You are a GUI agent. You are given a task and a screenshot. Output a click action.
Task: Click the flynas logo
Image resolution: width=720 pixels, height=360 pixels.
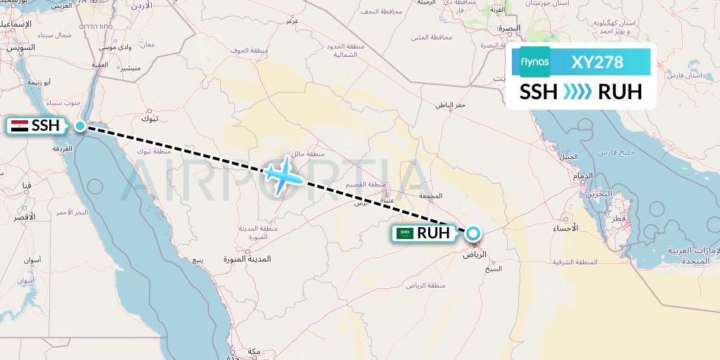pos(535,62)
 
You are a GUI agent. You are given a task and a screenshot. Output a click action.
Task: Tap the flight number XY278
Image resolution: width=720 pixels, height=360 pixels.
pos(598,62)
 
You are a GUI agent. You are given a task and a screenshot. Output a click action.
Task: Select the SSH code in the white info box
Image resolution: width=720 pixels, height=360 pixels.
pos(539,92)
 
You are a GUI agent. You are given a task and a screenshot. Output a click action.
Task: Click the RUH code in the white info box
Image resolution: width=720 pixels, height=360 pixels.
pos(619,92)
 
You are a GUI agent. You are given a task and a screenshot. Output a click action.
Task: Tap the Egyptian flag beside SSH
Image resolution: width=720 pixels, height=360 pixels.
pos(20,127)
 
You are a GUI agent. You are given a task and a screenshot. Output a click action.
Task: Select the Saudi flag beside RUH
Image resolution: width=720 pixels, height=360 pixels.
pos(405,233)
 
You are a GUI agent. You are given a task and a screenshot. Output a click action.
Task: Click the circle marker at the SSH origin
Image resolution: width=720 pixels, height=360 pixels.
pos(81,126)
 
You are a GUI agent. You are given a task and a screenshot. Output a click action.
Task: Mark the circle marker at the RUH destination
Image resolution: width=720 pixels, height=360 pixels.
pos(473,233)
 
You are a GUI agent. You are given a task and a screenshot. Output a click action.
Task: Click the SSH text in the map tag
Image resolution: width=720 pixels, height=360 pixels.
pos(45,127)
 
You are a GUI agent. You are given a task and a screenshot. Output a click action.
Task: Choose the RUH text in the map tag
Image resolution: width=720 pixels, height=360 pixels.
pos(433,233)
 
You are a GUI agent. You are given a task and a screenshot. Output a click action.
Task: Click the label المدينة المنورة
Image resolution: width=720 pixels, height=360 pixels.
pos(247,259)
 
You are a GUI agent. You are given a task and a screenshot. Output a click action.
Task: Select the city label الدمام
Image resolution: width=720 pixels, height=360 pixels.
pos(583,175)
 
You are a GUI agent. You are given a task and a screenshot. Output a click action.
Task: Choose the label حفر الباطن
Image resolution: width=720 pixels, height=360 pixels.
pos(451,105)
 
